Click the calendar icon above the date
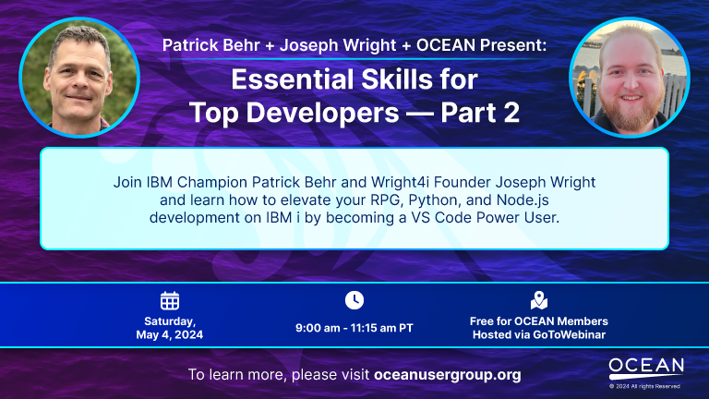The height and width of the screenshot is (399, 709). [x=170, y=300]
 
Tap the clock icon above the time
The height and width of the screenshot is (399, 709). [x=354, y=300]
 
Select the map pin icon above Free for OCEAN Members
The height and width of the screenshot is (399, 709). [x=539, y=300]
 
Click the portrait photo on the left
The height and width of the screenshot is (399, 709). [x=79, y=77]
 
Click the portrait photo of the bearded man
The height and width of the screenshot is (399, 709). [x=629, y=77]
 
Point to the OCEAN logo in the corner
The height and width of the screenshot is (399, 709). [x=646, y=367]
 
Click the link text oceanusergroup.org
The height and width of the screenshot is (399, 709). [x=448, y=375]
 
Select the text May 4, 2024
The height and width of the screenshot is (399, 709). [x=170, y=334]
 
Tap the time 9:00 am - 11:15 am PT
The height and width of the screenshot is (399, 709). [x=354, y=328]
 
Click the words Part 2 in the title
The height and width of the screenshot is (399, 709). [x=480, y=112]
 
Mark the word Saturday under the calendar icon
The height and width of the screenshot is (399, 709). [x=170, y=320]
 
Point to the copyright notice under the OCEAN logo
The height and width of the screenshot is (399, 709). [x=646, y=385]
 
